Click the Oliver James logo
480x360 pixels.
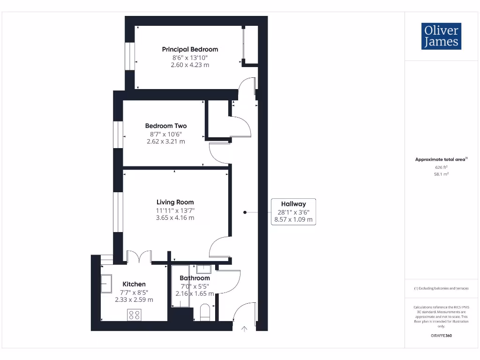point(441,36)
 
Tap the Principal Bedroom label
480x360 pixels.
point(190,49)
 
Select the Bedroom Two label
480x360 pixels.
point(166,126)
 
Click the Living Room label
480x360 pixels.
point(175,202)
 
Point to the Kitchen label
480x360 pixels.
point(134,284)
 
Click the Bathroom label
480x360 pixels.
point(195,278)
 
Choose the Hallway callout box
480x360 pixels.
point(293,211)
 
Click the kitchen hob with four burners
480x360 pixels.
point(135,315)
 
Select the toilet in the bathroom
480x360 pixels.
point(205,313)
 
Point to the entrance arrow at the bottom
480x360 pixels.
point(244,329)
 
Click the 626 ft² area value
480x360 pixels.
point(441,167)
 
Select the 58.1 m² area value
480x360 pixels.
point(441,174)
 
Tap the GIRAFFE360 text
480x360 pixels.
point(441,336)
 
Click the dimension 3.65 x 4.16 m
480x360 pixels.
point(175,217)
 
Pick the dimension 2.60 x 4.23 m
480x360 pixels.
point(190,65)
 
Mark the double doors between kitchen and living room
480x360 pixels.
point(139,257)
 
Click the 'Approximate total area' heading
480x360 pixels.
point(440,159)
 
